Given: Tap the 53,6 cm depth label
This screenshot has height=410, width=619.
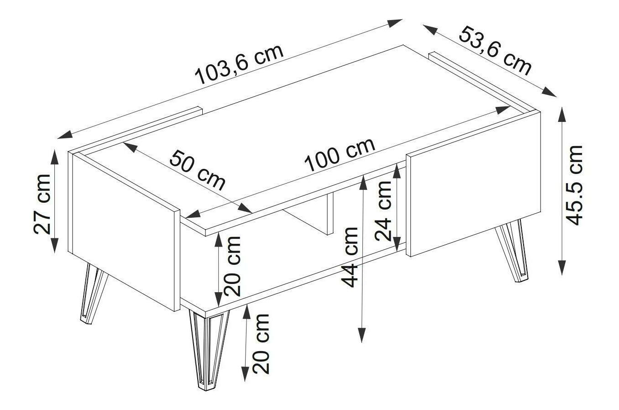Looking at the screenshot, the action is coord(495,51).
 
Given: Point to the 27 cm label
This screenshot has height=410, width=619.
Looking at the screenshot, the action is coord(42,204).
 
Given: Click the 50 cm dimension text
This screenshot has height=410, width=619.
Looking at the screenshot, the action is coord(197,170).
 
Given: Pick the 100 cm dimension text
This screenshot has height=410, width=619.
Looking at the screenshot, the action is coord(340,154).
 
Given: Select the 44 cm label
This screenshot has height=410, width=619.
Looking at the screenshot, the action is coord(350,258).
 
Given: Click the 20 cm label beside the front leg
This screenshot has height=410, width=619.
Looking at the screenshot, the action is coord(261,344).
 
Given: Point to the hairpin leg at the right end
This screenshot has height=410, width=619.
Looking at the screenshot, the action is coord(512,251).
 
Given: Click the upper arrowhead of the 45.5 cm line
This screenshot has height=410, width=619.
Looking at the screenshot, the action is coord(561,114).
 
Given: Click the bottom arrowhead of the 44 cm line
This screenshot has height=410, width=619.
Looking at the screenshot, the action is coord(362,335).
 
